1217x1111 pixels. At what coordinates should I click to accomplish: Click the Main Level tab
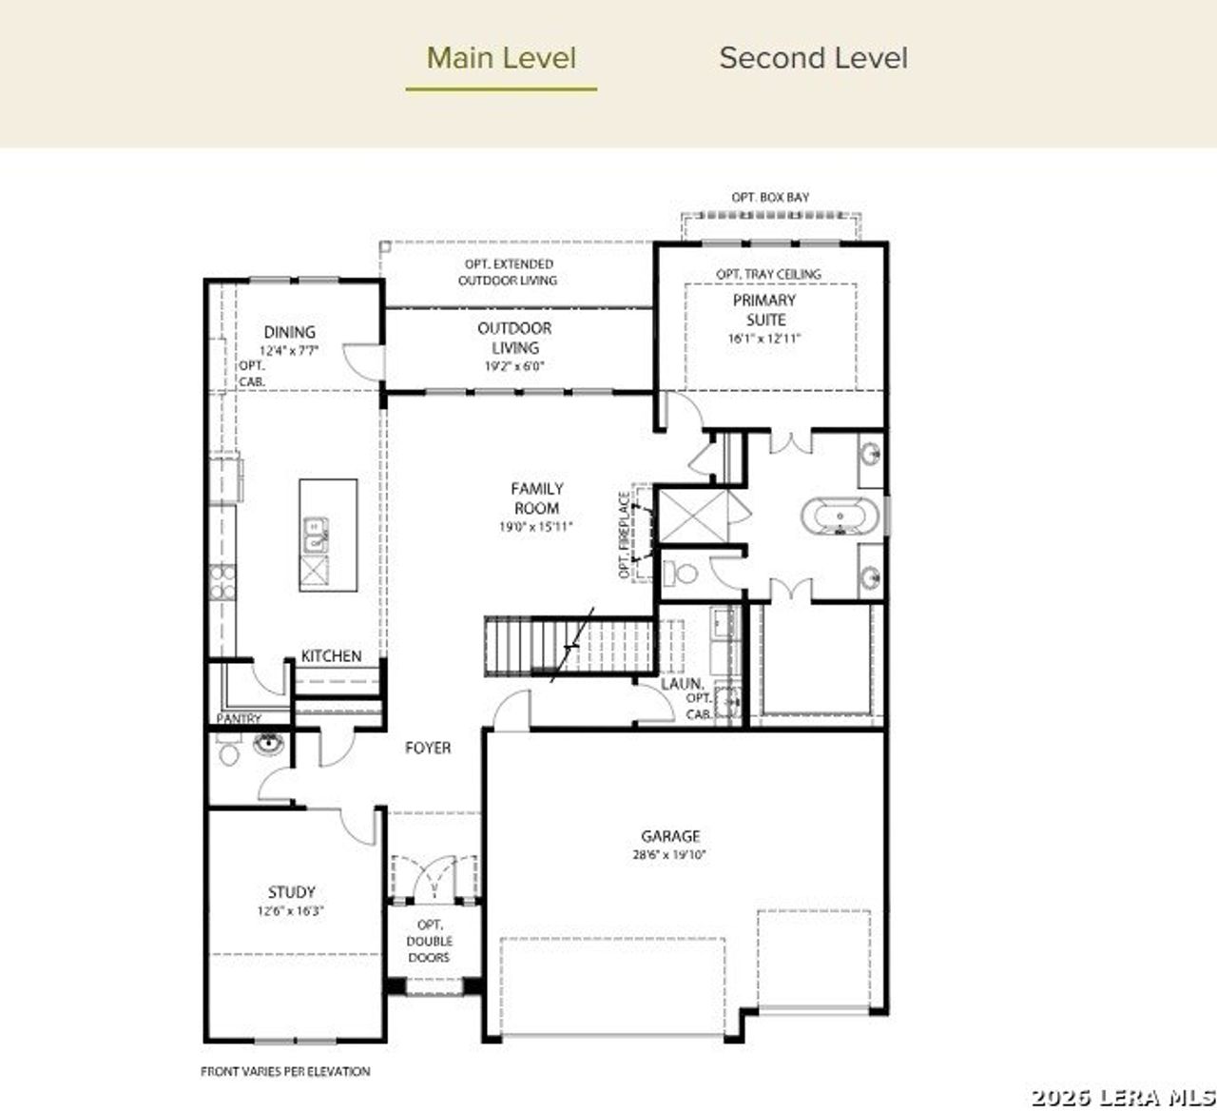[501, 58]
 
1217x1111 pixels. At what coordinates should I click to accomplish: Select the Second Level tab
[813, 58]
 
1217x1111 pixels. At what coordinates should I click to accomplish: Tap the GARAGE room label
[670, 836]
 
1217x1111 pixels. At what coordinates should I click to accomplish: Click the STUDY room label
[291, 892]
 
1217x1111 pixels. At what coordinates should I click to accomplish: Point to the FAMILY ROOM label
[536, 498]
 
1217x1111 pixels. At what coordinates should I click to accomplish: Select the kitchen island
[328, 536]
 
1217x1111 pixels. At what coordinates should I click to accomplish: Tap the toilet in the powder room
[229, 751]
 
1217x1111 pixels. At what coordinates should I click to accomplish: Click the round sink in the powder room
[269, 743]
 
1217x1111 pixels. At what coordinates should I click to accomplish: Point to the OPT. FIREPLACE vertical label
[625, 535]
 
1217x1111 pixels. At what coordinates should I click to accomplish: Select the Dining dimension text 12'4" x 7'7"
[289, 350]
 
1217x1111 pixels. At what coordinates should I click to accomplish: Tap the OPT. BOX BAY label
[770, 197]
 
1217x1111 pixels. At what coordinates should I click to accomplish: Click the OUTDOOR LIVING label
[514, 338]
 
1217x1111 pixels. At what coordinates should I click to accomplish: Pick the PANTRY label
[239, 719]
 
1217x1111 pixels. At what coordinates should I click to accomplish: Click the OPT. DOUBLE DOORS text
[429, 941]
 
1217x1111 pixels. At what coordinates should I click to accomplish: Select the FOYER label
[428, 749]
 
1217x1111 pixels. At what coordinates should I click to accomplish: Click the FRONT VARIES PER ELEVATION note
[285, 1071]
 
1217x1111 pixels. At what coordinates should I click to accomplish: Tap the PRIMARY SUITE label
[764, 310]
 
